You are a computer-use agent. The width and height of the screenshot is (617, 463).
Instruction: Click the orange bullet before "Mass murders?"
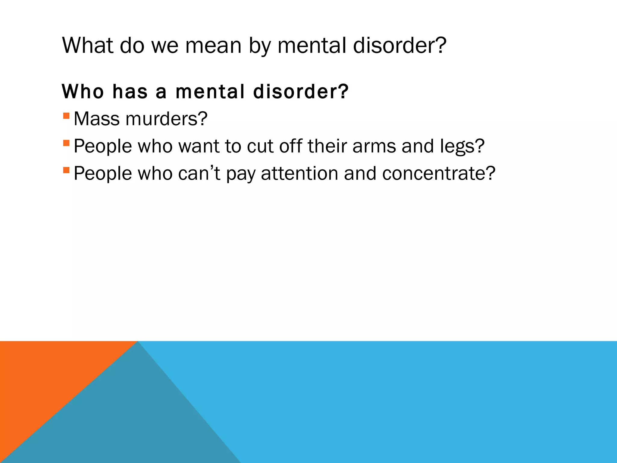tap(66, 116)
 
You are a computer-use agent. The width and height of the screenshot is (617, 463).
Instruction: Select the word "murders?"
tap(167, 119)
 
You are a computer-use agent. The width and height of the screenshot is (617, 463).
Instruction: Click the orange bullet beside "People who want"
tap(66, 143)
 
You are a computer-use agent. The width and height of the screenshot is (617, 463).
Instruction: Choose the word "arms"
tap(374, 146)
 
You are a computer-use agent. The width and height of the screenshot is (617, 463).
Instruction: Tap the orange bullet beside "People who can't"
tap(66, 170)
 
